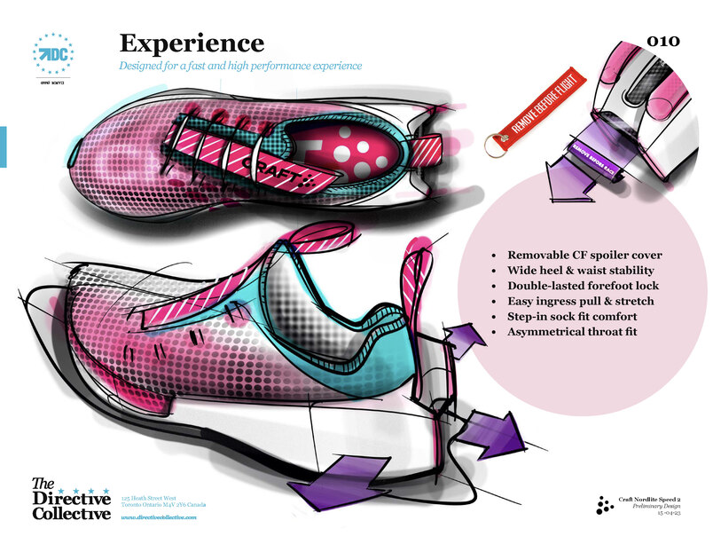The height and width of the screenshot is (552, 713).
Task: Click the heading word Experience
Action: (192, 43)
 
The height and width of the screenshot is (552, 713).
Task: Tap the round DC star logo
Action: (52, 53)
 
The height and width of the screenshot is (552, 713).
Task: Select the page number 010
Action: (664, 41)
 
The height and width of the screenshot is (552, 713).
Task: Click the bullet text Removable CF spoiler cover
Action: (584, 256)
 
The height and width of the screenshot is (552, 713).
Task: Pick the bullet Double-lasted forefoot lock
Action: (583, 286)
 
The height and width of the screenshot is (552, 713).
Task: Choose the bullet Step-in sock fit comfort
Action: (572, 316)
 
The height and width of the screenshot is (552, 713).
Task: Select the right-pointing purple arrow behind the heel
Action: (497, 427)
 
